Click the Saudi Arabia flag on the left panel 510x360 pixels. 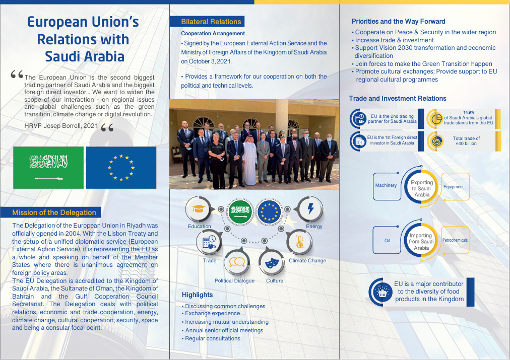click(48, 168)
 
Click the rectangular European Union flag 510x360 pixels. click(120, 168)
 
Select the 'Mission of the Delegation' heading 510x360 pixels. click(54, 212)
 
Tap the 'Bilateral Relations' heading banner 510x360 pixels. click(211, 22)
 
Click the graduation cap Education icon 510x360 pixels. click(198, 209)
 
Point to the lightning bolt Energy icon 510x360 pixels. click(310, 209)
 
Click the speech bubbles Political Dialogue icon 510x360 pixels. click(236, 262)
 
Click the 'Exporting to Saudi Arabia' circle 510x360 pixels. click(422, 189)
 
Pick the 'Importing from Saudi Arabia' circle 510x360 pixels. click(421, 242)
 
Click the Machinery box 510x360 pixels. click(386, 185)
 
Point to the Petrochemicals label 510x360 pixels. click(455, 240)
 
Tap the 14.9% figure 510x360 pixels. click(469, 112)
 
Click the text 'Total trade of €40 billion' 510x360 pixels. click(466, 141)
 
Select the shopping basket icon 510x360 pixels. click(381, 292)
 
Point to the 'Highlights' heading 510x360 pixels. click(197, 295)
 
